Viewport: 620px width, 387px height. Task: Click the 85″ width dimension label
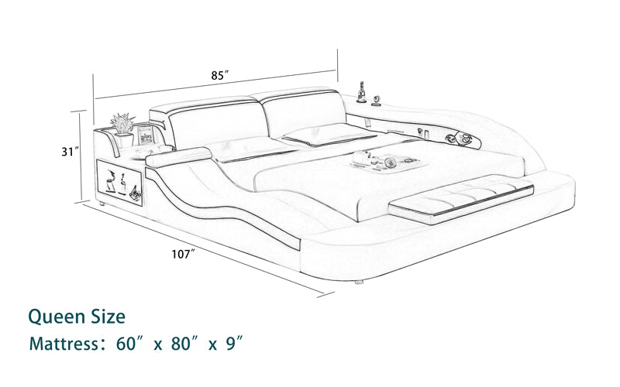pyautogui.click(x=219, y=76)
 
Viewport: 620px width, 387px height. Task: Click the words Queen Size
pyautogui.click(x=76, y=316)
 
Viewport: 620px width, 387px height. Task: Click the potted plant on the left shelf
pyautogui.click(x=122, y=125)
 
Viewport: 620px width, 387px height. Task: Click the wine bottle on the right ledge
pyautogui.click(x=361, y=91)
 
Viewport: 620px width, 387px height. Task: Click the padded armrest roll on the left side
pyautogui.click(x=177, y=158)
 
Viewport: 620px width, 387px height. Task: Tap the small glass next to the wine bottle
pyautogui.click(x=377, y=99)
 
